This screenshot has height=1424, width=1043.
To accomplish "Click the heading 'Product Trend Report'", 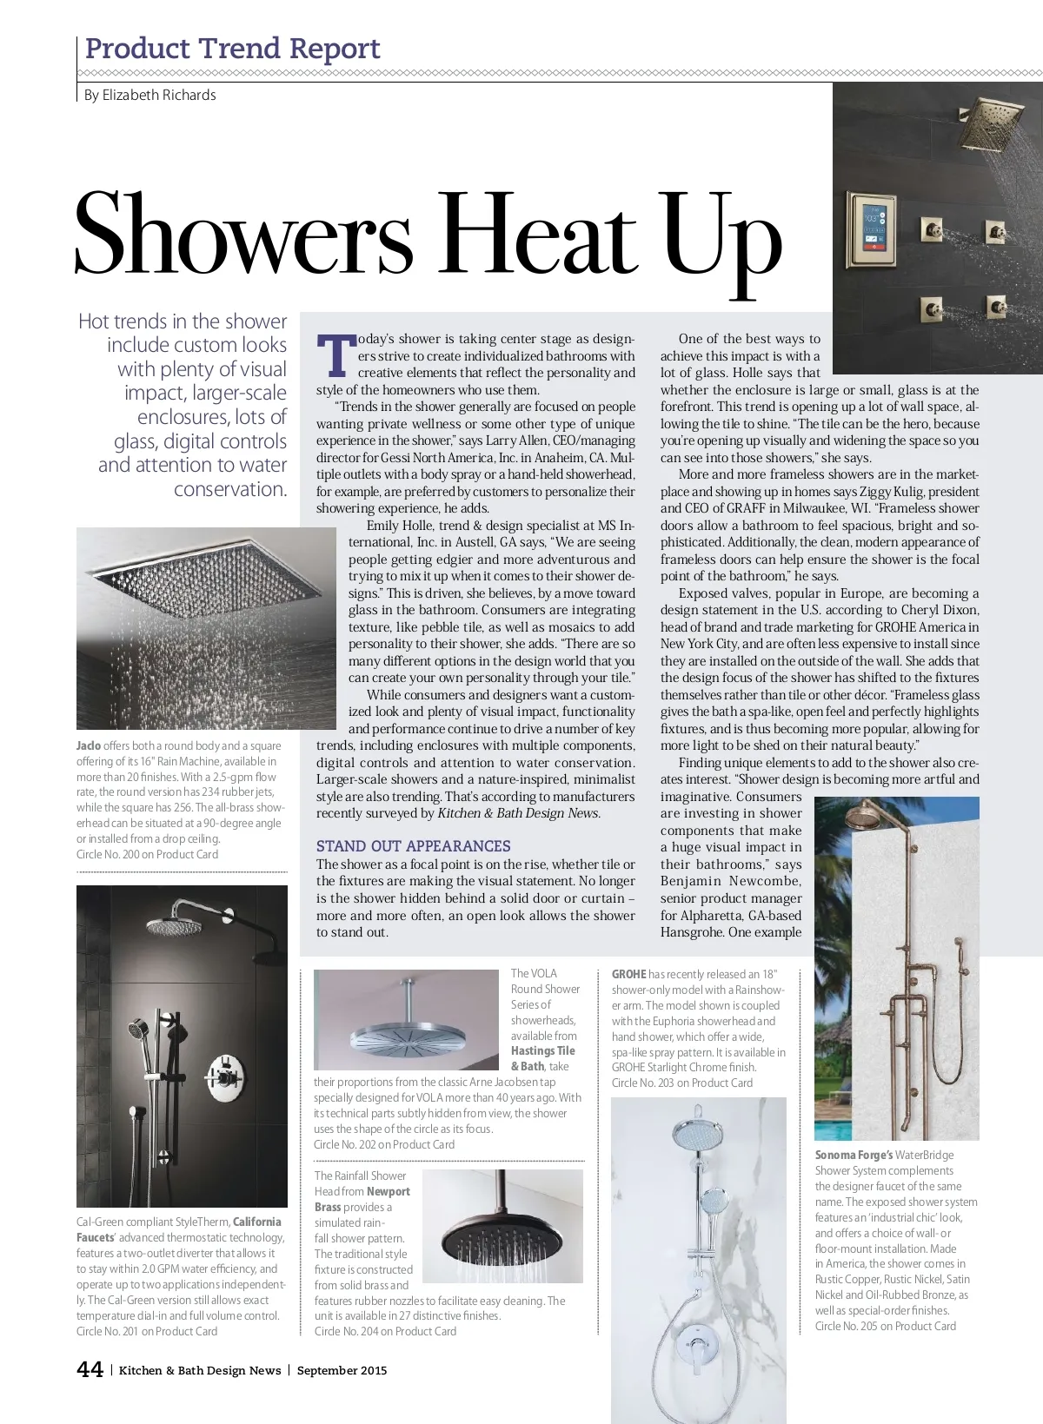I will pyautogui.click(x=233, y=49).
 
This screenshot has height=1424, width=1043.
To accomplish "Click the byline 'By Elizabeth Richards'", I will pyautogui.click(x=149, y=95).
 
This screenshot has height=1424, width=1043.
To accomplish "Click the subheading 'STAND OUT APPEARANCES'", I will pyautogui.click(x=413, y=845).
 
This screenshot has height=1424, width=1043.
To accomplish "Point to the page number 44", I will pyautogui.click(x=90, y=1369).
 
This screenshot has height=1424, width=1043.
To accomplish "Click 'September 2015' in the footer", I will pyautogui.click(x=342, y=1370).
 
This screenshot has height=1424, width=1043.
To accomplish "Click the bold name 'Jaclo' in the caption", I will pyautogui.click(x=88, y=745).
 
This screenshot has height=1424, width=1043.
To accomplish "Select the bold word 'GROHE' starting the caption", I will pyautogui.click(x=628, y=974).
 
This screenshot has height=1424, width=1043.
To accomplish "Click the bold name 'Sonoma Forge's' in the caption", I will pyautogui.click(x=854, y=1155).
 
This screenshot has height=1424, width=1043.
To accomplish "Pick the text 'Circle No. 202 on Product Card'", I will pyautogui.click(x=383, y=1144).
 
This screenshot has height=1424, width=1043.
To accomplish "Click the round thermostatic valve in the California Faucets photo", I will pyautogui.click(x=222, y=1077).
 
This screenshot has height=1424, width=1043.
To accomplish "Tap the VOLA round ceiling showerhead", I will pyautogui.click(x=407, y=1037).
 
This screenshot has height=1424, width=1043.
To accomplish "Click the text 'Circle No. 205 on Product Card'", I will pyautogui.click(x=885, y=1326).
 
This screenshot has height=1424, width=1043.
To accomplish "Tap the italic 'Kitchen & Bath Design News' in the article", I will pyautogui.click(x=517, y=813).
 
